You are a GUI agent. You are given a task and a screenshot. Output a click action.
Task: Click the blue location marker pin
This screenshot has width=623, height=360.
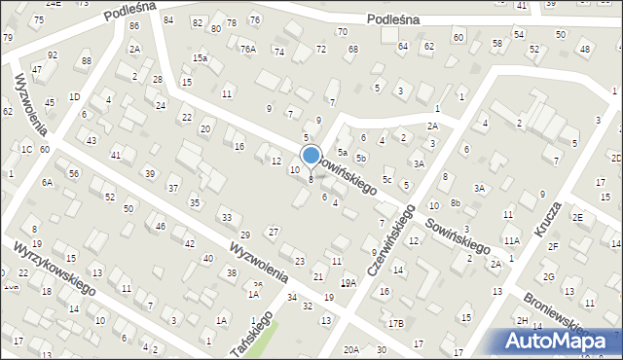[311, 156]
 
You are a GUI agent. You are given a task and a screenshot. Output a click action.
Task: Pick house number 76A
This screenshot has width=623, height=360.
[248, 49]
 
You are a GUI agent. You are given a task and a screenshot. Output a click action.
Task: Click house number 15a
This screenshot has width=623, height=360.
[200, 58]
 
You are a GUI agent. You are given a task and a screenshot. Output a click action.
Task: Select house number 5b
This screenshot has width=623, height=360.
[360, 158]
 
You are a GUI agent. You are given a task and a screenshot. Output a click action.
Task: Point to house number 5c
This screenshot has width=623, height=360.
[386, 179]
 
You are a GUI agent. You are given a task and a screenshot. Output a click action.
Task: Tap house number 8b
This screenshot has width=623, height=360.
[455, 203]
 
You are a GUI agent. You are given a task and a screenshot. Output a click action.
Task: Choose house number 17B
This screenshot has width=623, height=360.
[395, 323]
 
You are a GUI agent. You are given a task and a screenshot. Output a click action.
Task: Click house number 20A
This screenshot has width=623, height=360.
[351, 349]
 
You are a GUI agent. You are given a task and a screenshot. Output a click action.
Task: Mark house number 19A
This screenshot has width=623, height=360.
[348, 282]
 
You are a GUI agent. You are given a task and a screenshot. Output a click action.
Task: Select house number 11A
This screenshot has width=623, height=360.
[511, 240]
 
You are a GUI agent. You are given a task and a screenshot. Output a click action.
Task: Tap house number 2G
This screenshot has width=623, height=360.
[549, 277]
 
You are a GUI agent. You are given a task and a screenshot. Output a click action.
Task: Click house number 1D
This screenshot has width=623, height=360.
[74, 96]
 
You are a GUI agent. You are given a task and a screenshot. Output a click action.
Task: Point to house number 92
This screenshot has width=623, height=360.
[53, 55]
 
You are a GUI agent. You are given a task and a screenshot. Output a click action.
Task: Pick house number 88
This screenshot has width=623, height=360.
[86, 61]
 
